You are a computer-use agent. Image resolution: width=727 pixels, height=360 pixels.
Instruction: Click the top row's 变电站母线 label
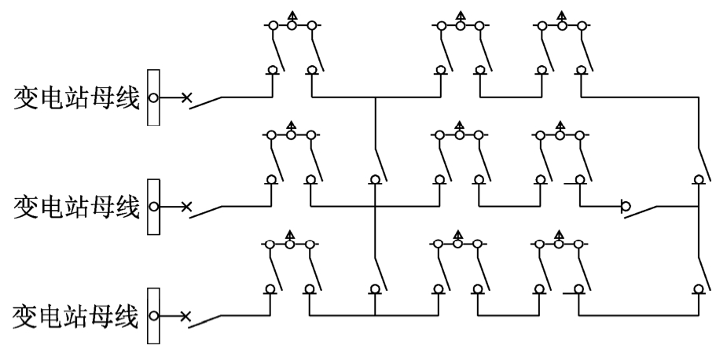click(76, 97)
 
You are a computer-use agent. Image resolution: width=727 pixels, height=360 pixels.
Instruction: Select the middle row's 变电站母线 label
click(76, 207)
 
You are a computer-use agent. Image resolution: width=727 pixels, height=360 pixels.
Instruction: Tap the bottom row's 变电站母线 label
click(75, 317)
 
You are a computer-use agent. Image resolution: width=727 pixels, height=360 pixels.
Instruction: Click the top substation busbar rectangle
click(153, 97)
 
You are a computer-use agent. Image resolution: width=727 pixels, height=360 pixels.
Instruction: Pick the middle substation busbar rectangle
click(153, 207)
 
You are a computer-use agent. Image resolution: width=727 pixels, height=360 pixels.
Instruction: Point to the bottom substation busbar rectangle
click(153, 316)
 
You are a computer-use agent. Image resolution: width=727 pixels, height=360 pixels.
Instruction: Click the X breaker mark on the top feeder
click(186, 97)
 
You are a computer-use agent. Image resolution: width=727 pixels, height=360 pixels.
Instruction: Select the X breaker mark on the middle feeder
click(186, 207)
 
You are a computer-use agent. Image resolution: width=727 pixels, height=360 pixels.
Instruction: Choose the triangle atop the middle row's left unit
click(291, 126)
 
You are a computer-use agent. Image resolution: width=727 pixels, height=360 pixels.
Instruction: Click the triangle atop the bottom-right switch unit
click(559, 234)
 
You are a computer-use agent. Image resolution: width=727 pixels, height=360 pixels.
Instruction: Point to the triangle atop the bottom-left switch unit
click(290, 234)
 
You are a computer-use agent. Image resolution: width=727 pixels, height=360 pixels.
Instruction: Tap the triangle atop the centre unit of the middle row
click(460, 126)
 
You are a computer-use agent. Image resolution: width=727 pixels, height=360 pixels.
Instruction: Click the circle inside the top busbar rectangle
click(153, 98)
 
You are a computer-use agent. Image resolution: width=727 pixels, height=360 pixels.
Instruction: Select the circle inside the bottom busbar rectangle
click(153, 316)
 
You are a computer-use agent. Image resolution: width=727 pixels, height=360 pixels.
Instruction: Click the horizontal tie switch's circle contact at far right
click(626, 206)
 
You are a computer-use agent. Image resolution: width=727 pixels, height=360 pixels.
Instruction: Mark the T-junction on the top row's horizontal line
click(375, 97)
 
